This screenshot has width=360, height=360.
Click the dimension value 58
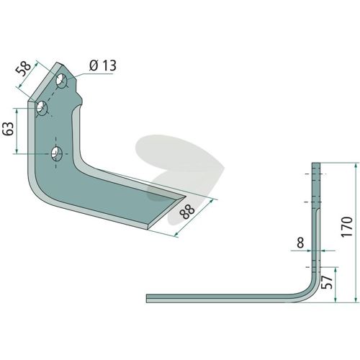tap(24, 69)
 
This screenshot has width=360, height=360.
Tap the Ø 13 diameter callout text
tap(103, 66)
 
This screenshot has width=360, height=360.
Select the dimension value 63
tap(9, 129)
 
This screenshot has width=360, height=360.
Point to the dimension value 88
tap(188, 212)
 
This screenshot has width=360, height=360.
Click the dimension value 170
tap(347, 227)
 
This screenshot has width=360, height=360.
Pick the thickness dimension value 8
tap(300, 243)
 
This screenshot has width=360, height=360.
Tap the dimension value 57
tap(328, 282)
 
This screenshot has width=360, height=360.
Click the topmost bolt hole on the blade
tap(62, 81)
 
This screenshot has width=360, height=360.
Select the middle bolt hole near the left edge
tap(42, 108)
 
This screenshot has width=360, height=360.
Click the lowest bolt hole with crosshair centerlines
tap(57, 153)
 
